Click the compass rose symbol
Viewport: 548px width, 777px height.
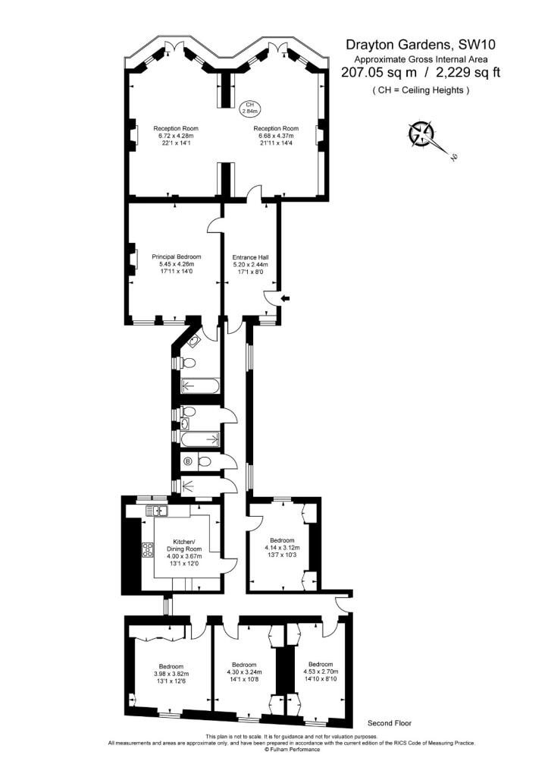tap(421, 134)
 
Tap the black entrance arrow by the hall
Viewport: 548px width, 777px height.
tap(286, 297)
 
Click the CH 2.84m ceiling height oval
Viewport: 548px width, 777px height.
tap(249, 108)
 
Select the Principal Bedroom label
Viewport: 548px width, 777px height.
tap(177, 263)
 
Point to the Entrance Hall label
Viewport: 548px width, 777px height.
tap(250, 264)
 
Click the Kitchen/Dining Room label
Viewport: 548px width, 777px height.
tap(183, 552)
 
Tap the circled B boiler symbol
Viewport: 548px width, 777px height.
tap(188, 462)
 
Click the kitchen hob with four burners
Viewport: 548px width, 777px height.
tap(148, 549)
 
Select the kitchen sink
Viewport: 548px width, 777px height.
tap(157, 510)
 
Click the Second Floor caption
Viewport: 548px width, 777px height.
tap(390, 723)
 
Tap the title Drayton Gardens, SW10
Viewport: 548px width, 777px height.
tap(420, 45)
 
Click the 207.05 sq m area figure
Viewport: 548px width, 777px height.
tap(380, 72)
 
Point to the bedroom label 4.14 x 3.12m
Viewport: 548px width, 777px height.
tap(282, 548)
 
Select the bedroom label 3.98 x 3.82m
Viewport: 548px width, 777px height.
tap(171, 674)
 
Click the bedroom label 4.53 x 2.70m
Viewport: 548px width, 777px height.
tap(321, 672)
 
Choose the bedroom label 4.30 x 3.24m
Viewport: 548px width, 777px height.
tap(244, 672)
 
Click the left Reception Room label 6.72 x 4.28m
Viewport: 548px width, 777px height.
tap(176, 135)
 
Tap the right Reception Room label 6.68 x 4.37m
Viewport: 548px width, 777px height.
tap(276, 135)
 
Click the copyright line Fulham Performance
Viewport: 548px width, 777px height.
tap(292, 750)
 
